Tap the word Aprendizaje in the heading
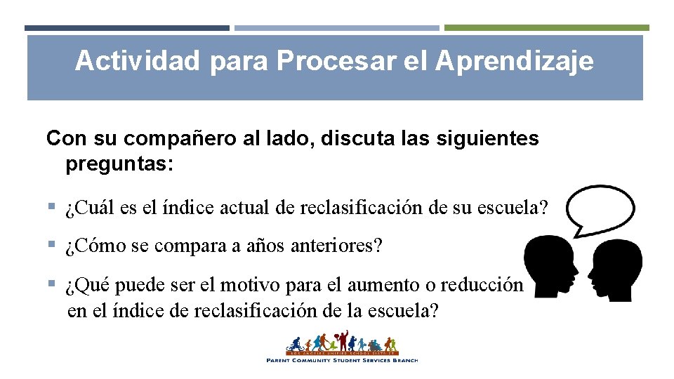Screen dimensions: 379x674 [514, 61]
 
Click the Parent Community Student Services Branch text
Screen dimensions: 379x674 [342, 360]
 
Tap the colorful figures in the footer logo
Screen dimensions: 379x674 [342, 344]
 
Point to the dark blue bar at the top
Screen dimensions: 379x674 [126, 28]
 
